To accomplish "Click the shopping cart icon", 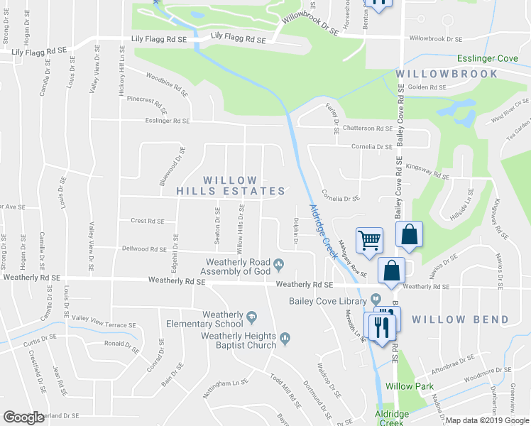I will tap(369, 240).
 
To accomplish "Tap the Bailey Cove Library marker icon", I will tap(376, 300).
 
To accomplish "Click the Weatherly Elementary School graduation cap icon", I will tap(251, 315).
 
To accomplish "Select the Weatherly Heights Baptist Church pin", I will tap(285, 337).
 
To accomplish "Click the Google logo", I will tap(23, 417).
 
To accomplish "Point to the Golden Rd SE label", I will tap(427, 88).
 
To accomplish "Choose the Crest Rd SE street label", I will tap(148, 221).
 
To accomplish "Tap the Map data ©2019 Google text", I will tap(487, 420).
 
